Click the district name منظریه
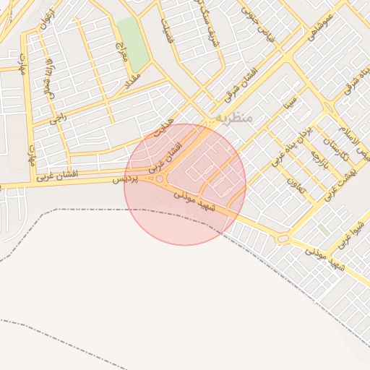(x=233, y=118)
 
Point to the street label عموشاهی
(x=319, y=25)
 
